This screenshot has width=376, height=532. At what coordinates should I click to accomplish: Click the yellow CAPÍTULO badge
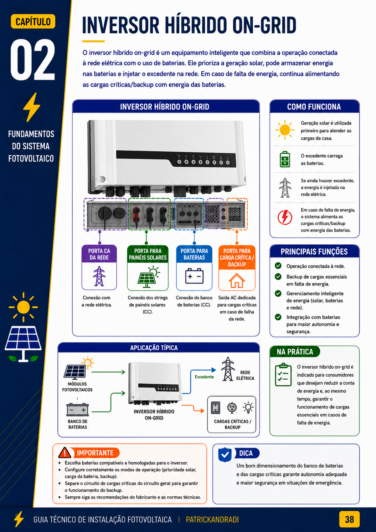point(33,22)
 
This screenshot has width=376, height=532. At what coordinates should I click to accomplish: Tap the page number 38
point(349,520)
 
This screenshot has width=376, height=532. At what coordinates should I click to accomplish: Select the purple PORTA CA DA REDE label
point(99,254)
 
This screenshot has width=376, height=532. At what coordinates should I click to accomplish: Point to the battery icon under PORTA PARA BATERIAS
point(194,276)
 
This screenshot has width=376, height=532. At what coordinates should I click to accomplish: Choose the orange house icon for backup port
point(237,280)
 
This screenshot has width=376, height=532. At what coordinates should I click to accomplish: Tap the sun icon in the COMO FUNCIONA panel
point(285,130)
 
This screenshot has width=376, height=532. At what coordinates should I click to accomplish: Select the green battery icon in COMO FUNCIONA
point(285,159)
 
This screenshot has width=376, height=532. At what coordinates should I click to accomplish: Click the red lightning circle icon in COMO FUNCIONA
point(285,217)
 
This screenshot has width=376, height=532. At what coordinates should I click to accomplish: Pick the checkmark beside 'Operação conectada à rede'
point(278,266)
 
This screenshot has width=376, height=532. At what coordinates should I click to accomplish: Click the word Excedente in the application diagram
point(204,377)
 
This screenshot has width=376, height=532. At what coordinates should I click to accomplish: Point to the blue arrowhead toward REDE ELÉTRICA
point(214,370)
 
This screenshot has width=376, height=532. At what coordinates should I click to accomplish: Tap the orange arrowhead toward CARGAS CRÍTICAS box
point(202,411)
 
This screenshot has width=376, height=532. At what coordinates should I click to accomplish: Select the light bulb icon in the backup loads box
point(248,407)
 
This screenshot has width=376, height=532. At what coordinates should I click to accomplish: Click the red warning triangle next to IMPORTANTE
point(65,453)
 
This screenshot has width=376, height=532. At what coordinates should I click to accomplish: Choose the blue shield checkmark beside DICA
point(225,455)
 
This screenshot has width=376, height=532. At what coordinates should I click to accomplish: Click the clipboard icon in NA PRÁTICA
point(283,375)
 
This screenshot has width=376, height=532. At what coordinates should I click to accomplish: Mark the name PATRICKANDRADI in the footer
point(212,520)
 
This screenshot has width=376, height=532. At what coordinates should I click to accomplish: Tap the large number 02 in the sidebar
point(33,60)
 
